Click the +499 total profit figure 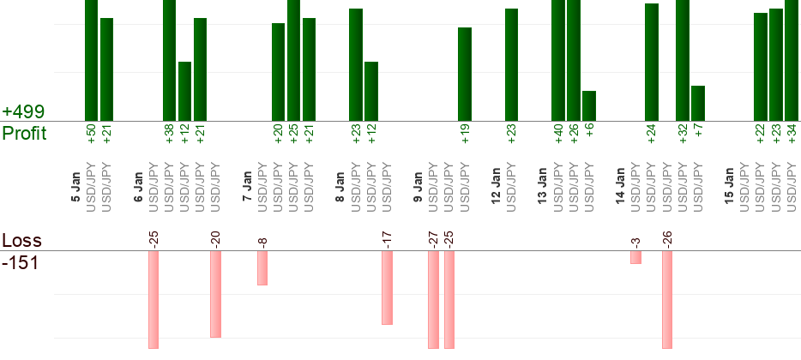pos(23,112)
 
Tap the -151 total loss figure pos(20,262)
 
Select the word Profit pos(24,133)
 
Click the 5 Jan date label pos(75,189)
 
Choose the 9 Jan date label pos(418,189)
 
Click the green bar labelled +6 pos(589,105)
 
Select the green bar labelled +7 pos(698,103)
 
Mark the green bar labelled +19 pos(465,74)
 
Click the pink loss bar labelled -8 pos(262,267)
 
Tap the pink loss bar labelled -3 pos(635,257)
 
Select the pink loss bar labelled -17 pos(387,287)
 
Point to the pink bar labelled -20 pos(216,294)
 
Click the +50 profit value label pos(92,134)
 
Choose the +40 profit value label pos(558,134)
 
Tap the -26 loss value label pos(666,238)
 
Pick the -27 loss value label pos(433,238)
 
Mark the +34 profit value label pos(792,134)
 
